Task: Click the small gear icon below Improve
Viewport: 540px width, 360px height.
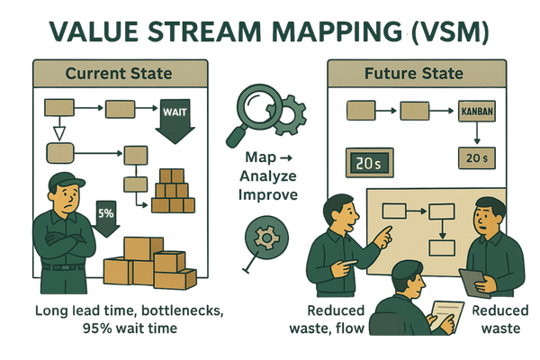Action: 265,238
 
